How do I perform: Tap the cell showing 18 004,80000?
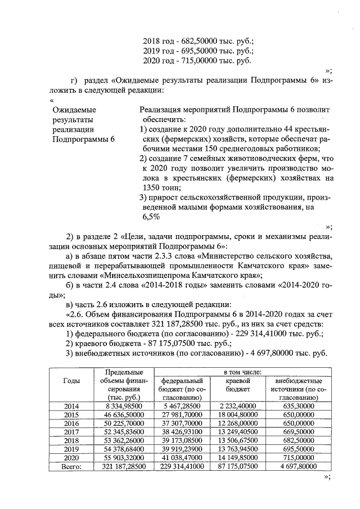pyautogui.click(x=237, y=415)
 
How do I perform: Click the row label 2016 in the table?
pyautogui.click(x=71, y=424)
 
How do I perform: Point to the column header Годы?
pyautogui.click(x=71, y=381)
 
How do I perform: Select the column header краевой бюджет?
pyautogui.click(x=237, y=385)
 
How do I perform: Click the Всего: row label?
pyautogui.click(x=71, y=466)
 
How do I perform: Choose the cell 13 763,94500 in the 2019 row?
pyautogui.click(x=237, y=449)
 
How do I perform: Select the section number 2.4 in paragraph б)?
pyautogui.click(x=115, y=286)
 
